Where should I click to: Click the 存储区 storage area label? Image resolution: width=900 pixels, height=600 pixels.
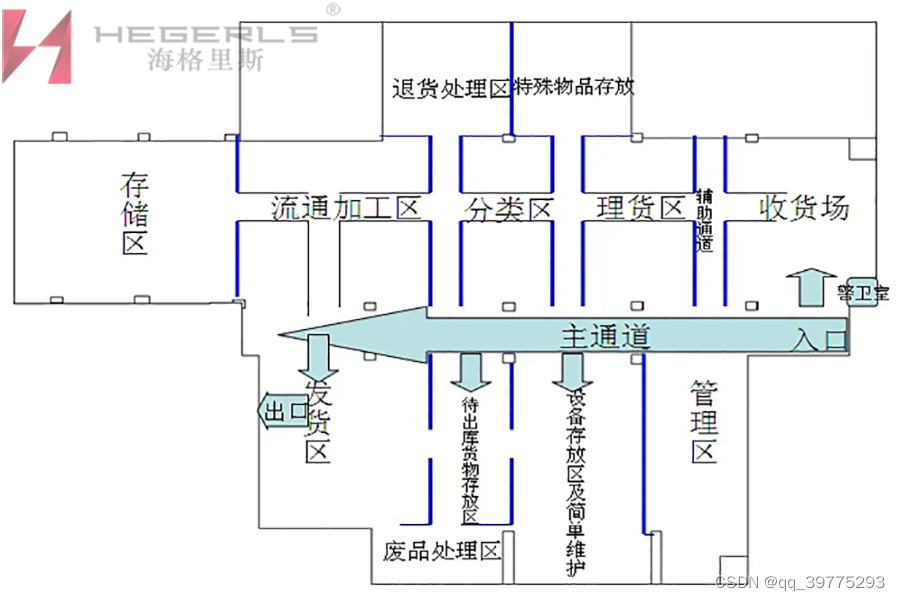point(134,213)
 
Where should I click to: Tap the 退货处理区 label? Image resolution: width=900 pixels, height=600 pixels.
point(451,88)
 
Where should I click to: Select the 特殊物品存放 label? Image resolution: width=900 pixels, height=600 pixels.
point(574,87)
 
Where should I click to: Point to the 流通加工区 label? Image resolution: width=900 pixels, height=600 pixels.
point(345,208)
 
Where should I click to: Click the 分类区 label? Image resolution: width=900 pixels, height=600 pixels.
point(509,209)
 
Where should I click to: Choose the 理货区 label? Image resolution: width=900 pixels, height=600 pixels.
point(640,208)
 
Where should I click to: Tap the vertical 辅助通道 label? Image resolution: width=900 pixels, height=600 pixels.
point(704,220)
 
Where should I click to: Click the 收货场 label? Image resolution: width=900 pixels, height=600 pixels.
point(804,208)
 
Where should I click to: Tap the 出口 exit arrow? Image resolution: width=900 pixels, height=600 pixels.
point(283,411)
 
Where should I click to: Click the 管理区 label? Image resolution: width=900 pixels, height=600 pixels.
point(704,422)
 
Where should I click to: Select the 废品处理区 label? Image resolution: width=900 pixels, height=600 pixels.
point(440,552)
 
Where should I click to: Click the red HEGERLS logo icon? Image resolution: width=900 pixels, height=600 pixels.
point(37,46)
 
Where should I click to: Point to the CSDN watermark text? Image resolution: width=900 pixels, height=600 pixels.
point(801,582)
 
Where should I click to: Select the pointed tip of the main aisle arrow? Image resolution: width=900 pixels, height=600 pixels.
point(283,335)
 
